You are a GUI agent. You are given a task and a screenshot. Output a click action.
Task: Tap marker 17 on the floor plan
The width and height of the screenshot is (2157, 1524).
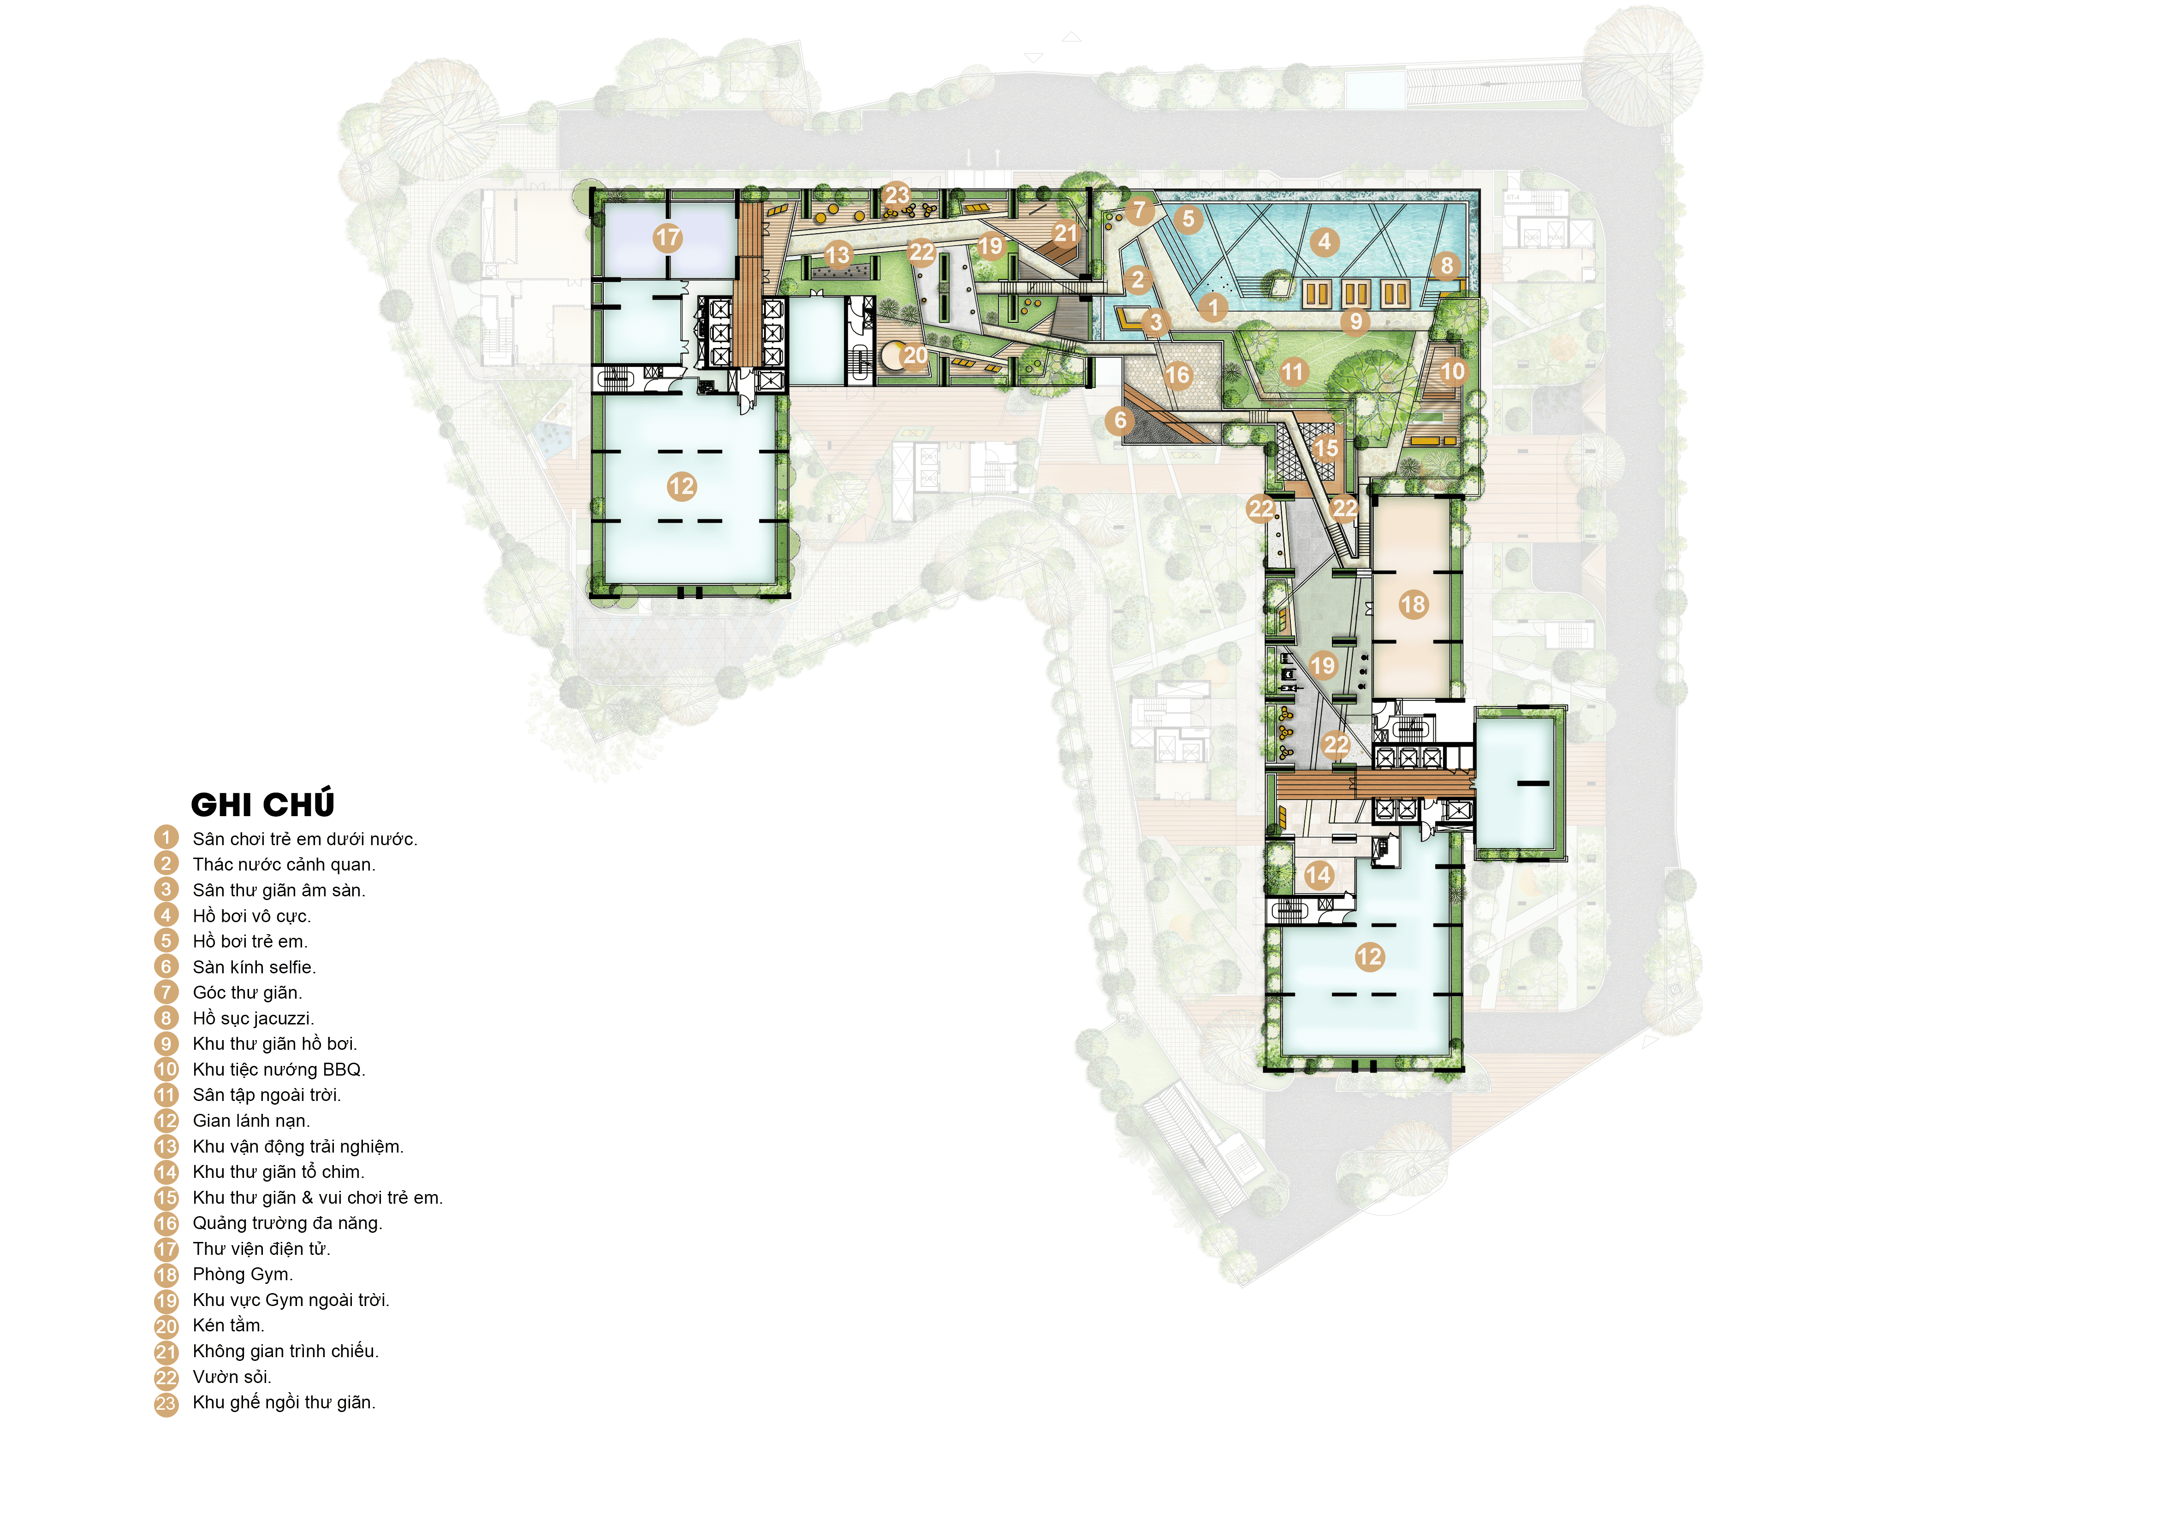[668, 238]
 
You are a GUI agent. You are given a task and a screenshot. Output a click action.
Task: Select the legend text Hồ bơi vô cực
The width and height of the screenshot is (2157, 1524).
[252, 916]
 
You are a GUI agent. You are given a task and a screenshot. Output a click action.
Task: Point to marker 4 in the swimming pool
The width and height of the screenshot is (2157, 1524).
[1325, 241]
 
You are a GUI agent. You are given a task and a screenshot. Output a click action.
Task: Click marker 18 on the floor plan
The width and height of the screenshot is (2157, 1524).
[1413, 604]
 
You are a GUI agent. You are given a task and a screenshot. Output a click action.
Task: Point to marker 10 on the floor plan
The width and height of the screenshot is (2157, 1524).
[1452, 371]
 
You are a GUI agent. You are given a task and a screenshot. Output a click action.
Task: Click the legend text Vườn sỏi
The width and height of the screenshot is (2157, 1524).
[232, 1377]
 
